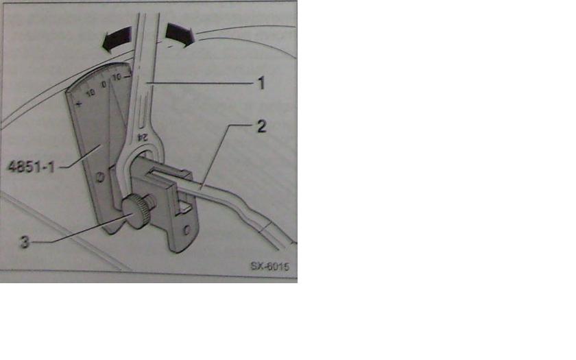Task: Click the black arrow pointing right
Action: click(180, 34)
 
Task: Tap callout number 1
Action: click(261, 83)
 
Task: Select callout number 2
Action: click(261, 126)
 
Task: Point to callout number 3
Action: click(24, 242)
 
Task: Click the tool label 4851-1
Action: click(31, 167)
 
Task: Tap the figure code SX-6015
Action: click(270, 266)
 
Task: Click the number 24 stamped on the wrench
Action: click(142, 137)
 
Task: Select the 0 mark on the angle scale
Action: click(104, 84)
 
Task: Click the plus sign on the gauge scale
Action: click(79, 104)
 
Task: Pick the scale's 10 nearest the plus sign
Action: click(91, 93)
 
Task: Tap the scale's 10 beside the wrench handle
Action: click(117, 77)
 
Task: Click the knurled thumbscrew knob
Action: click(135, 212)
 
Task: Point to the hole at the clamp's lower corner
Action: click(187, 230)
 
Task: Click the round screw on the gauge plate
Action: click(100, 178)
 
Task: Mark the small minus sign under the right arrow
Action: click(169, 47)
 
